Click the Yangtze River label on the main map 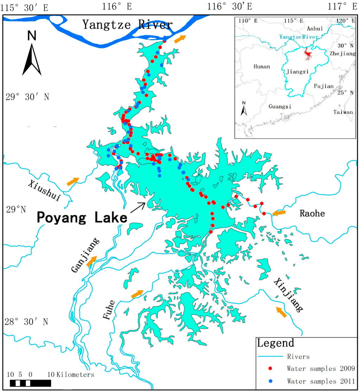[127, 25]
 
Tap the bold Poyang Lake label [82, 218]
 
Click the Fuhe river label [109, 310]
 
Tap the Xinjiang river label [288, 295]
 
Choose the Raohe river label [312, 213]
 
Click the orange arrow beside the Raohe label [279, 213]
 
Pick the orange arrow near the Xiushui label [73, 182]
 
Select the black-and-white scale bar [30, 383]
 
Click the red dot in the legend [270, 368]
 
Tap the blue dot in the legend [270, 380]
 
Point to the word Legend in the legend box [275, 343]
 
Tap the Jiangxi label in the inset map [298, 71]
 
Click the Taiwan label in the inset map [343, 112]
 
